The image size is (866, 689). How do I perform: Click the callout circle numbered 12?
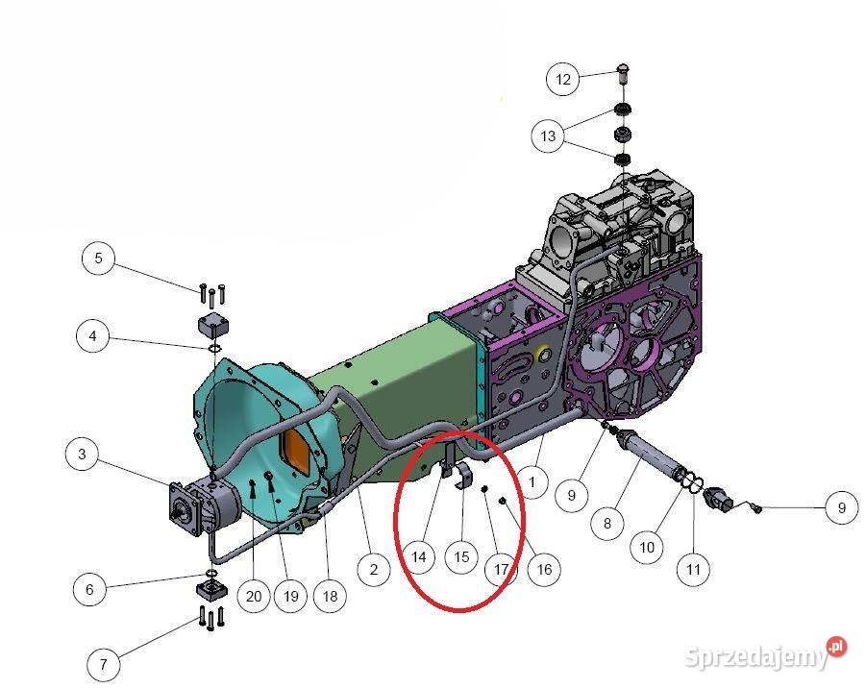click(562, 79)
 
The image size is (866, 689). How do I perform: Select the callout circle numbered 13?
click(547, 135)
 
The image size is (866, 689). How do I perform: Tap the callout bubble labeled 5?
click(98, 258)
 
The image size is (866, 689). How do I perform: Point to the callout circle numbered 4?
click(92, 335)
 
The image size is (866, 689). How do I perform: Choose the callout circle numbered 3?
click(82, 454)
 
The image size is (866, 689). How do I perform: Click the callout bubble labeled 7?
click(103, 664)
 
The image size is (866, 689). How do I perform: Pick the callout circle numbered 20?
click(254, 596)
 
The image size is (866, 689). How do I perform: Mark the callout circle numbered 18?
click(330, 596)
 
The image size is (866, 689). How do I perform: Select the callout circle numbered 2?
click(374, 569)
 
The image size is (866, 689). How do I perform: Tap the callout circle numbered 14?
click(419, 556)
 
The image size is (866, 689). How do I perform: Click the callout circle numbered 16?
click(544, 569)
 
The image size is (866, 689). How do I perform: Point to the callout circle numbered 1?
click(532, 482)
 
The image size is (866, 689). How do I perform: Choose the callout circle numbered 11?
click(693, 569)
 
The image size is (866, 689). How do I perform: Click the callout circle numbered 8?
click(607, 523)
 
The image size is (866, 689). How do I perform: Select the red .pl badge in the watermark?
click(837, 647)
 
